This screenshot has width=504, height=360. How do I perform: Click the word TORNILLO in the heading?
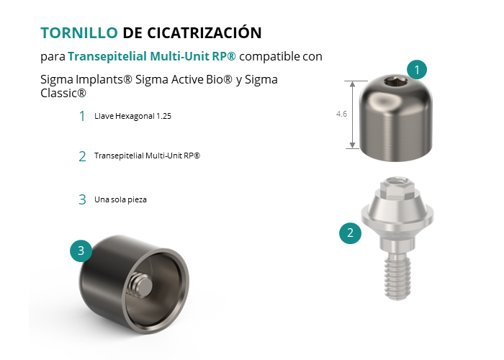click(79, 33)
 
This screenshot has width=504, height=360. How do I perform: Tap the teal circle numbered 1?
click(417, 69)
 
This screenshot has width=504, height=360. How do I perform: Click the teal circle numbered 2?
click(351, 233)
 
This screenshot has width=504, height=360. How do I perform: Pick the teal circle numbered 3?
click(81, 251)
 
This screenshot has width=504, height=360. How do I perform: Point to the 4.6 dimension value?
click(341, 114)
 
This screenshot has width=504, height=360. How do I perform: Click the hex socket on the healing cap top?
click(396, 82)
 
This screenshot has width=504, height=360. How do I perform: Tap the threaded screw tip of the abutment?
click(397, 277)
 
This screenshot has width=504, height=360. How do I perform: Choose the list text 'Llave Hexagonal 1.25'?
click(132, 116)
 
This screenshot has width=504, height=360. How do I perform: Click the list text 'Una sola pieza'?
click(120, 199)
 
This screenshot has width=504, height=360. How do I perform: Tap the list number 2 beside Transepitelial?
click(82, 156)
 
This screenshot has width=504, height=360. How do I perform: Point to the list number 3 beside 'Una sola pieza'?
click(82, 199)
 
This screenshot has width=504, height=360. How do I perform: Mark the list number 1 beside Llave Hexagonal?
click(82, 116)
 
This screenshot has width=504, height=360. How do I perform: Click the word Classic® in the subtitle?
click(63, 93)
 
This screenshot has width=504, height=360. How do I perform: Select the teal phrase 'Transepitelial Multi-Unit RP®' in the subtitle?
click(152, 56)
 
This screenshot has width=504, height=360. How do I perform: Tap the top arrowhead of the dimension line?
click(352, 84)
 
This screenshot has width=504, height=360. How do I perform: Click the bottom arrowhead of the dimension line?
click(352, 145)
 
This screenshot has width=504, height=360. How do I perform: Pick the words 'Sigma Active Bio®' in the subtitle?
click(184, 79)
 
